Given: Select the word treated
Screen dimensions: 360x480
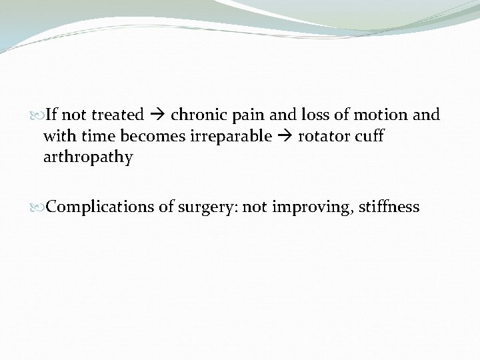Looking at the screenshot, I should pyautogui.click(x=117, y=115).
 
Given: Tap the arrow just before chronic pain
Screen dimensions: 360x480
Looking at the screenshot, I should pyautogui.click(x=157, y=115).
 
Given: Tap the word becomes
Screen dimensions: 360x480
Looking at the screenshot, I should pyautogui.click(x=147, y=136).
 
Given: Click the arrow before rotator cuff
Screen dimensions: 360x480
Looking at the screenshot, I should pyautogui.click(x=286, y=137).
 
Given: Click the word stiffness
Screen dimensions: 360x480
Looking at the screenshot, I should pyautogui.click(x=389, y=207).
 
